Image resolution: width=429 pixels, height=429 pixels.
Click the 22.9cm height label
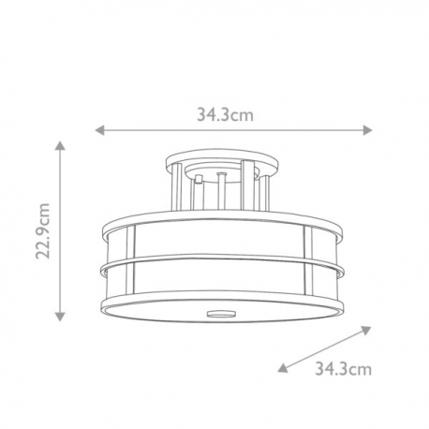pyautogui.click(x=42, y=230)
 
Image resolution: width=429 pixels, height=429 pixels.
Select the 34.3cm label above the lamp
pyautogui.click(x=225, y=115)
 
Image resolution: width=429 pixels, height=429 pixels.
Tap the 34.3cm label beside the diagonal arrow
pyautogui.click(x=343, y=369)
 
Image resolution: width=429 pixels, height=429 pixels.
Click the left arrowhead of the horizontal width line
pyautogui.click(x=99, y=130)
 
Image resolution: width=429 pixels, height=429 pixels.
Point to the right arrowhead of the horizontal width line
pyautogui.click(x=367, y=130)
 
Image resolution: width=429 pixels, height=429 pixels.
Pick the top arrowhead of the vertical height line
pyautogui.click(x=60, y=145)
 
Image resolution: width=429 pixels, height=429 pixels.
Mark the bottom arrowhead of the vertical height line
pyautogui.click(x=60, y=317)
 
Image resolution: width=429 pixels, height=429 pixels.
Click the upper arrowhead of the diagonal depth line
pyautogui.click(x=366, y=330)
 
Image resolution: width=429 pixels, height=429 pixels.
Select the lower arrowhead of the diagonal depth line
pyautogui.click(x=283, y=367)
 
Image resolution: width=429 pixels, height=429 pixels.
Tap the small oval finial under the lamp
pyautogui.click(x=221, y=313)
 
